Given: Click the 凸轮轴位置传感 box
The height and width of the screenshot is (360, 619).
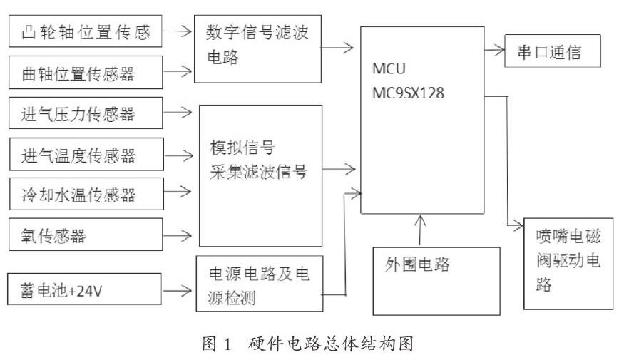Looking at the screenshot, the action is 86,31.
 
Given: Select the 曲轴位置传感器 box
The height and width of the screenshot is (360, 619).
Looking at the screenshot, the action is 86,72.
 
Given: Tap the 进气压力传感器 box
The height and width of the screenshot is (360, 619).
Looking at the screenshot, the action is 86,113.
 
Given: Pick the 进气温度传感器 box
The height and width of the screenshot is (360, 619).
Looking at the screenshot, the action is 86,155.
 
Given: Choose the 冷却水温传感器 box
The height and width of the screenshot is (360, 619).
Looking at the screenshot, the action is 86,194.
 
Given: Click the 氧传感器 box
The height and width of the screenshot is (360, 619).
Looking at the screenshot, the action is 86,235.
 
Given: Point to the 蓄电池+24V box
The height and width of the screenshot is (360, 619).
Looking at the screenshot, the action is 84,289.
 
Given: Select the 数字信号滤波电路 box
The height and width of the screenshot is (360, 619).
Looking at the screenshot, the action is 257,49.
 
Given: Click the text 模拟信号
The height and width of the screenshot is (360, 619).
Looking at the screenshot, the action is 242,148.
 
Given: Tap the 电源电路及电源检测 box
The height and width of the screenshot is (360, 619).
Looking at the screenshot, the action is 260,284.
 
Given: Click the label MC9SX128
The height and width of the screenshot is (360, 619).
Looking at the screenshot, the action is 408,93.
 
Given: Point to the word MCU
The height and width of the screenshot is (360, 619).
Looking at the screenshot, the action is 389,68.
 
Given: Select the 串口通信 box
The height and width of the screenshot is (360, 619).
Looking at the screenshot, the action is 553,51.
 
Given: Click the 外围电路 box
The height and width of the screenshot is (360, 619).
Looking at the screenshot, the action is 436,281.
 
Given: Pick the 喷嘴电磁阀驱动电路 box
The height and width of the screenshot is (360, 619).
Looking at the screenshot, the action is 568,264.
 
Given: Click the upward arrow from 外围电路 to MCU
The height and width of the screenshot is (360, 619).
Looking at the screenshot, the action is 421,231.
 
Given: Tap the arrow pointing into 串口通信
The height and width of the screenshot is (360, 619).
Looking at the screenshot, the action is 495,50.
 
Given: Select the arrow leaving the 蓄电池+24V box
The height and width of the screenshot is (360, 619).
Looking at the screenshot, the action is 178,291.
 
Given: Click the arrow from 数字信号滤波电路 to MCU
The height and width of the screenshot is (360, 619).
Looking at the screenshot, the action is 337,48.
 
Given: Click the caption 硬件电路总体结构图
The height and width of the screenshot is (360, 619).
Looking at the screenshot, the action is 331,344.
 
